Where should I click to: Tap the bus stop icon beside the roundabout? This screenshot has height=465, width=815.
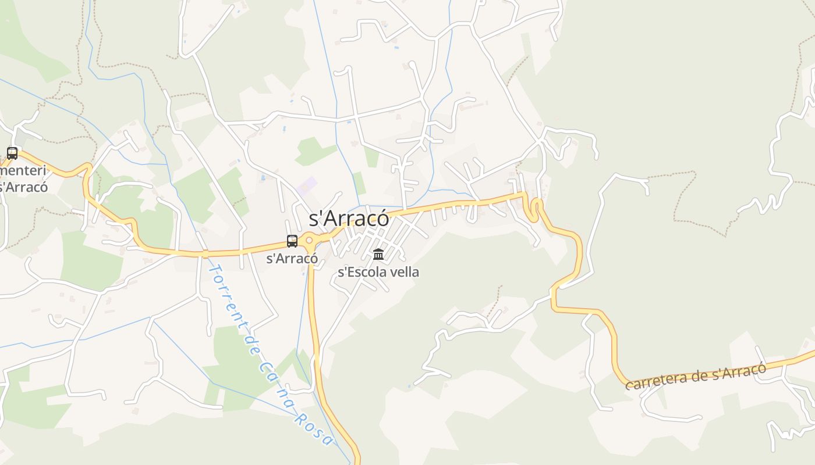[x=292, y=241]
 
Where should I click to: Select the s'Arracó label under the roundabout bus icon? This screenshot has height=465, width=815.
[x=292, y=259]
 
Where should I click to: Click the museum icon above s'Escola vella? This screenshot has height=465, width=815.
[x=378, y=254]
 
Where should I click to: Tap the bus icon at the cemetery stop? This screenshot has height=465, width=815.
[x=12, y=153]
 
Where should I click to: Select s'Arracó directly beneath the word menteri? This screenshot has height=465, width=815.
[x=23, y=187]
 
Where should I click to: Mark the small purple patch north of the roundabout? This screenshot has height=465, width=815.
[x=306, y=186]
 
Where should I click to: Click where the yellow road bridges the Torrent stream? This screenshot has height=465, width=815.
[x=205, y=253]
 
